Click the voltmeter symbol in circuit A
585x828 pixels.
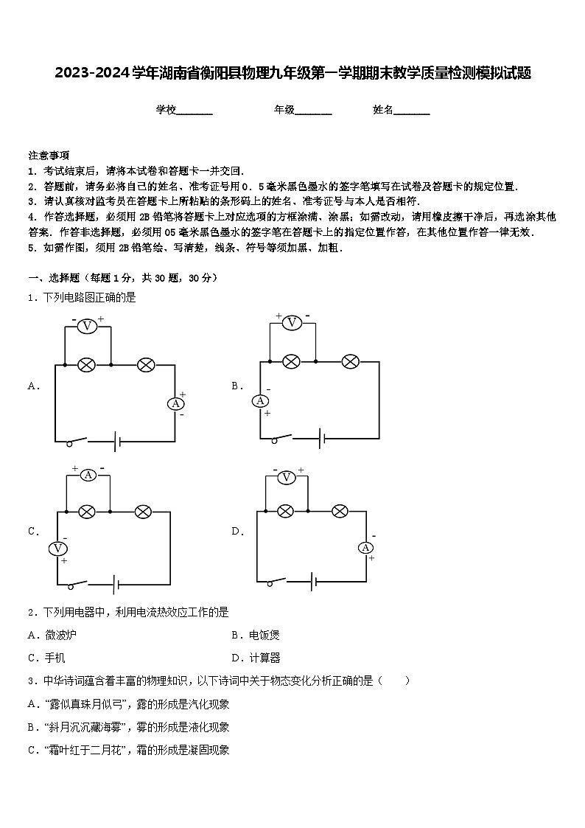[x=87, y=326]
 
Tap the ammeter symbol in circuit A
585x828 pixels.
[x=175, y=403]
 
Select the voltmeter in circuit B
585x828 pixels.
[x=292, y=322]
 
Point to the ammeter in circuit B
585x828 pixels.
[x=260, y=400]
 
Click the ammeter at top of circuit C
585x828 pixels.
[x=88, y=475]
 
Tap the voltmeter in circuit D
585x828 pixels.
[x=286, y=477]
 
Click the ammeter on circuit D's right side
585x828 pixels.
[x=366, y=547]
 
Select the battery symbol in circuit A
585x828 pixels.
[x=117, y=442]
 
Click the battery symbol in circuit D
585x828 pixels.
[x=314, y=582]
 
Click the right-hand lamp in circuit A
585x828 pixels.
[x=146, y=364]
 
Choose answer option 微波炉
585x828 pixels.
[x=60, y=635]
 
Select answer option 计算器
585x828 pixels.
[x=264, y=658]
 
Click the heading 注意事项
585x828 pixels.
[x=49, y=156]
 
